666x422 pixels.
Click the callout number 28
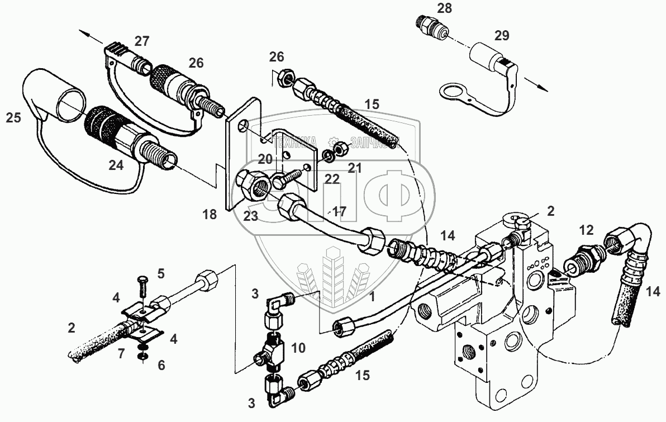pyautogui.click(x=445, y=8)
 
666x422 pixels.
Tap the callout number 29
pyautogui.click(x=502, y=36)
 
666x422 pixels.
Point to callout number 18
pyautogui.click(x=210, y=214)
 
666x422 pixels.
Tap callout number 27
pyautogui.click(x=142, y=41)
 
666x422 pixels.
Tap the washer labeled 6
pyautogui.click(x=144, y=356)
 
